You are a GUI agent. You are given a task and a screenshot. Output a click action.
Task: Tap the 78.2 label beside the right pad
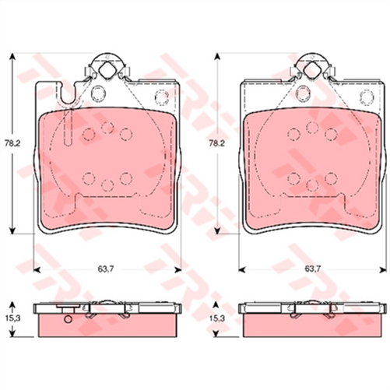[220, 144]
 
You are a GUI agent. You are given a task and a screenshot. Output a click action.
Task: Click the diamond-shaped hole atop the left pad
[110, 72]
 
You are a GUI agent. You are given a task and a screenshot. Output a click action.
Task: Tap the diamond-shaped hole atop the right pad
[312, 72]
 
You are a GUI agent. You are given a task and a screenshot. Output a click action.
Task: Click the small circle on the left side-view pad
[67, 318]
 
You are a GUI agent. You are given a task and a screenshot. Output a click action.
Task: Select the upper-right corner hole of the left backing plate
[162, 97]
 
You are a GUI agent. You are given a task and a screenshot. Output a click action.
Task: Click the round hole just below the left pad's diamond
[99, 95]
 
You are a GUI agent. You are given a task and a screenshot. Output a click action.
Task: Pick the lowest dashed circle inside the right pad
[311, 184]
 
